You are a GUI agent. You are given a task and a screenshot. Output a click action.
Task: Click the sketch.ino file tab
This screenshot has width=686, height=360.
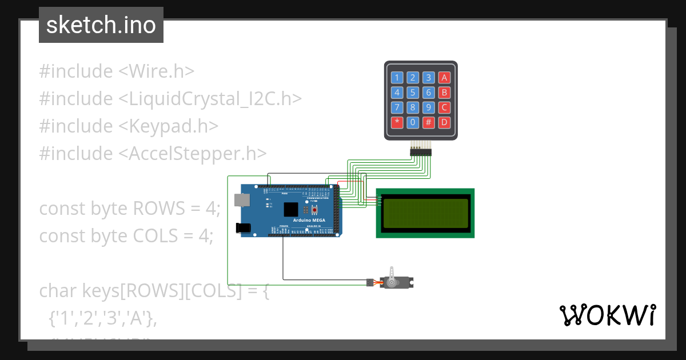[101, 25]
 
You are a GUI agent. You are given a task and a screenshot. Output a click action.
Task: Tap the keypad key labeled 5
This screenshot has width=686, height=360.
[413, 93]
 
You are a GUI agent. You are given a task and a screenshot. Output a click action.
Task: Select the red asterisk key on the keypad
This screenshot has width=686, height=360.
[397, 122]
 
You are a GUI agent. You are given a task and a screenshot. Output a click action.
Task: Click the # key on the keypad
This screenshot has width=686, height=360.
[429, 122]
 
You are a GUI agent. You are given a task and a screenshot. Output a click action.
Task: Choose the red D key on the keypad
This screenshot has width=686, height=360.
[444, 122]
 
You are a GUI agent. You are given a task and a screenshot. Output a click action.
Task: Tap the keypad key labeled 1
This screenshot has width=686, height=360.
[397, 78]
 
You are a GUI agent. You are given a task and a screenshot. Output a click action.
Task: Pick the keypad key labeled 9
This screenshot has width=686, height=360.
[429, 107]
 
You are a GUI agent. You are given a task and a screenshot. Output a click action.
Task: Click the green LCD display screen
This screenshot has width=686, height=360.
[425, 213]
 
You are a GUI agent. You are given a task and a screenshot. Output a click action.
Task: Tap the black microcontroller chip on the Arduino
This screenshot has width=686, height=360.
[291, 209]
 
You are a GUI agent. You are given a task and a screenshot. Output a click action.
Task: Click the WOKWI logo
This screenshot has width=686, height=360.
[607, 315]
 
